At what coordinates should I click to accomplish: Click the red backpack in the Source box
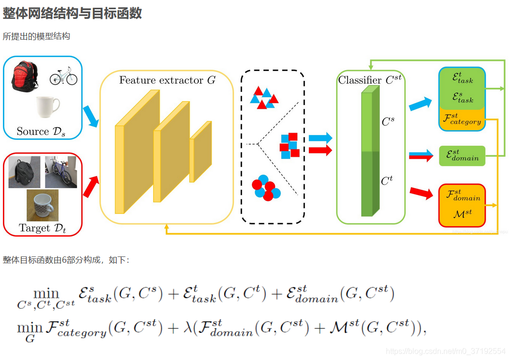click(25, 75)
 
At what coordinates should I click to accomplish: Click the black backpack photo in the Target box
click(24, 172)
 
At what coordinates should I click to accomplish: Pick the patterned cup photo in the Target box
click(43, 205)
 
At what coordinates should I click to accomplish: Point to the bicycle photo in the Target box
click(61, 172)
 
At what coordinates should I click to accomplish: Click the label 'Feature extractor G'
click(167, 80)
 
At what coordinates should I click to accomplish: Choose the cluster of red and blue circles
click(265, 189)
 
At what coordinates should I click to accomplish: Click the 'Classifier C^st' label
click(370, 80)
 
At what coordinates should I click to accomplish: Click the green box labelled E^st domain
click(462, 156)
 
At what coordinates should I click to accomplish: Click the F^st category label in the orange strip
click(462, 119)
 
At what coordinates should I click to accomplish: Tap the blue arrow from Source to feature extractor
click(90, 117)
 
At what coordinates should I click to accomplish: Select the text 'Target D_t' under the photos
click(42, 228)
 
